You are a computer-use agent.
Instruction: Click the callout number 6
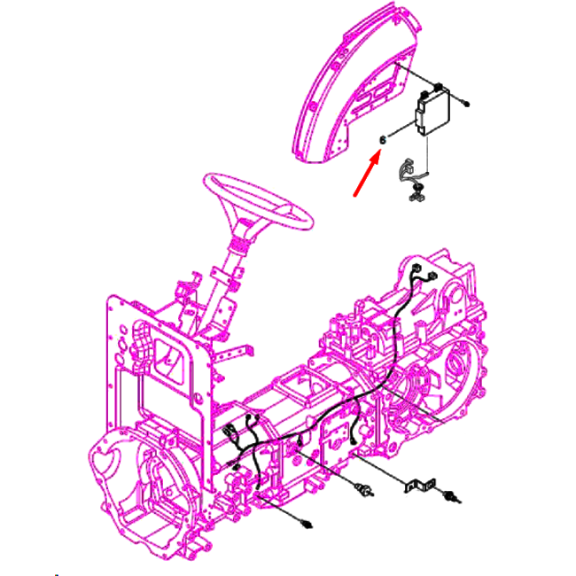383,140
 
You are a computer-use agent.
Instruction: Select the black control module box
432,112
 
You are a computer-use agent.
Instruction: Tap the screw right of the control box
466,105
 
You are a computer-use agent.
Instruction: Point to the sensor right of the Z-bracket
451,496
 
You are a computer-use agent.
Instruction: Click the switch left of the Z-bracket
365,489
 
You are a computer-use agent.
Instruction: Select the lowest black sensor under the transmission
306,523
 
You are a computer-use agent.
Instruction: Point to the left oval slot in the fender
363,97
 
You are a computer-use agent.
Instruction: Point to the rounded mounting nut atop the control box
438,87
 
